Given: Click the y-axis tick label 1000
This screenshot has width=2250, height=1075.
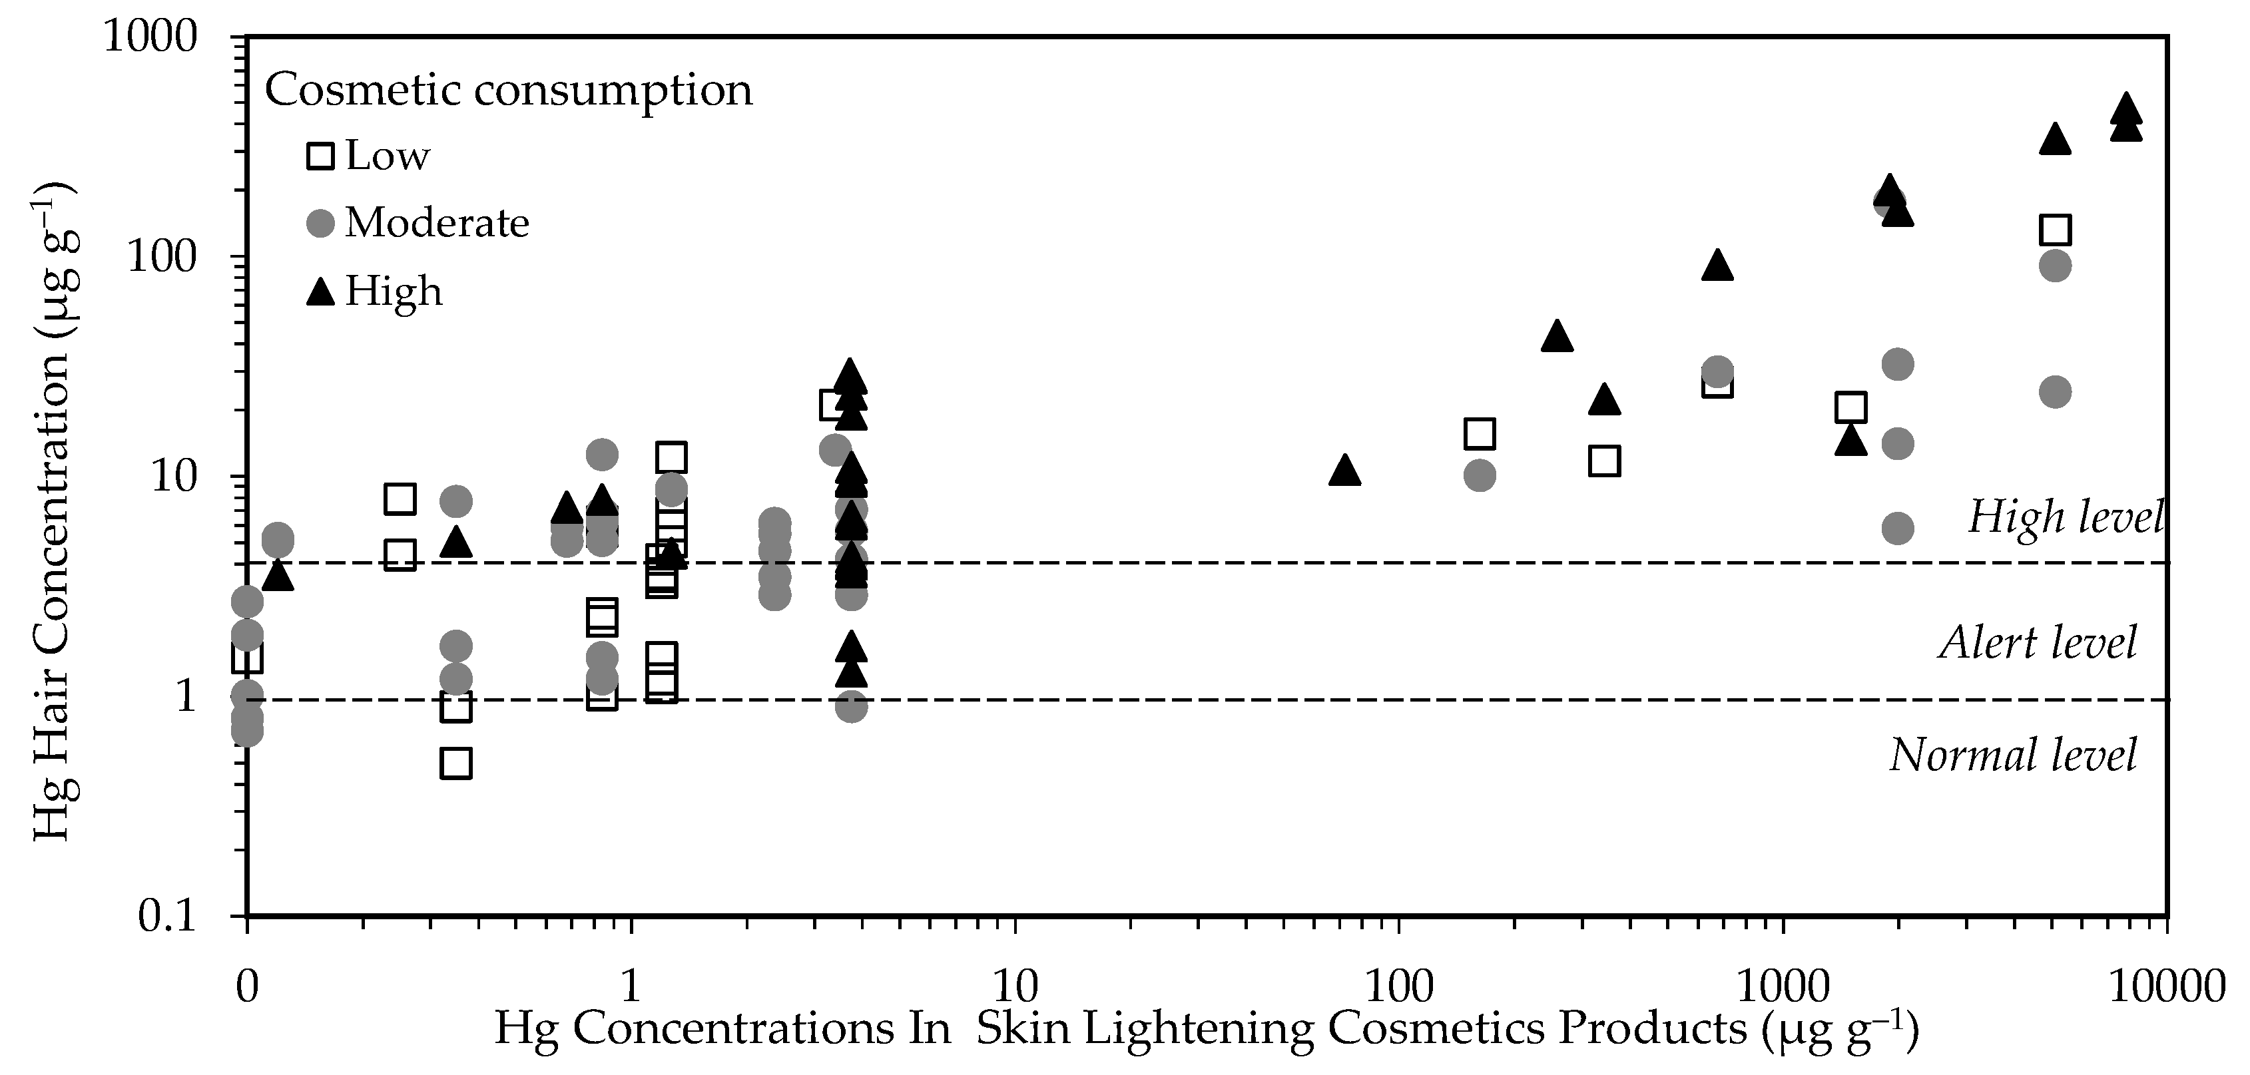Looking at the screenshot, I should tap(162, 39).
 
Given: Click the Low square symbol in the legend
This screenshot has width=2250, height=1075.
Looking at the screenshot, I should tap(320, 156).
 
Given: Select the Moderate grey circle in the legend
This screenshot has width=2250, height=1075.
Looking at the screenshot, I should tap(320, 224).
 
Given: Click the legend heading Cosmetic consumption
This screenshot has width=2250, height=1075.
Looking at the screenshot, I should tap(508, 90).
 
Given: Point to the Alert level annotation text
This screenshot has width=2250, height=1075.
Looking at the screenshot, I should tap(2038, 643).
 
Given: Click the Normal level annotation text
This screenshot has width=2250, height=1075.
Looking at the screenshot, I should tap(2014, 755).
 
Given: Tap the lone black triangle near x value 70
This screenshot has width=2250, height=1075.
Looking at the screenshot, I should tap(1345, 471).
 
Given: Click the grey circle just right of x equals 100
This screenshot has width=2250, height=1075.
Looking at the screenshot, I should tap(1479, 476).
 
